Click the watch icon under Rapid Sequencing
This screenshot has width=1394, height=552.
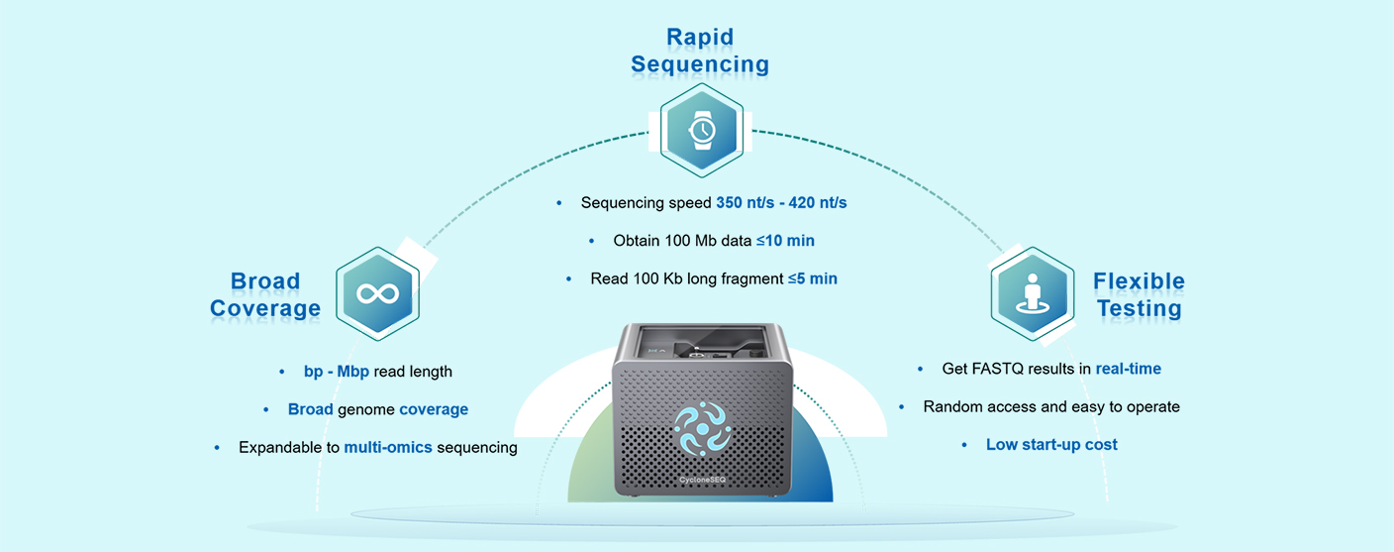702,130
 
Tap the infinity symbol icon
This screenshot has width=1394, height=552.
378,293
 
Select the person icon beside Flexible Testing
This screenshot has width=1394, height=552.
1033,294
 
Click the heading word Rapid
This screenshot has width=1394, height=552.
700,37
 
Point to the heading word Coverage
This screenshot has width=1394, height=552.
265,308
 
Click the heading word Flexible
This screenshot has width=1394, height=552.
1139,281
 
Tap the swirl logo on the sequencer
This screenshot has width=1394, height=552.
703,428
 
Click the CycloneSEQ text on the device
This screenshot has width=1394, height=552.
703,480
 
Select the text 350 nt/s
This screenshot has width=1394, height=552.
745,203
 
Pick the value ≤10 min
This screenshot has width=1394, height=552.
785,241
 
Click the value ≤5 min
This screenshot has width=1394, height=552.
813,279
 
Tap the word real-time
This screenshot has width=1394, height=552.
1129,369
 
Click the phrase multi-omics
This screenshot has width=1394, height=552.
388,447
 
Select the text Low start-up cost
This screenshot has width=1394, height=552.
1051,445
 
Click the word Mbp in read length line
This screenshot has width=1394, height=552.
352,372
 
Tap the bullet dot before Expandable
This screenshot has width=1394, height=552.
217,448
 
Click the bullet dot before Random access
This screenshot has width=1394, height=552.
901,407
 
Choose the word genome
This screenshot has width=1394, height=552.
366,410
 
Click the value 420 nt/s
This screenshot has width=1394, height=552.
818,203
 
